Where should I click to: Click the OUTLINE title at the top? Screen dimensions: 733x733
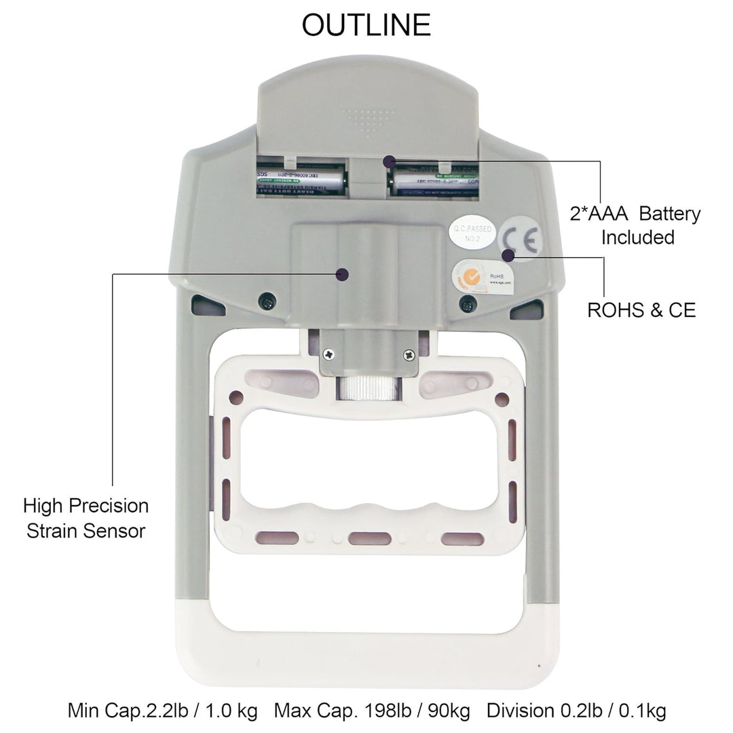pyautogui.click(x=366, y=25)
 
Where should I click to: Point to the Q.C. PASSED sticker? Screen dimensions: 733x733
pyautogui.click(x=473, y=233)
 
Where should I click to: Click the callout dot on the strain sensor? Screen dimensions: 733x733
pyautogui.click(x=343, y=274)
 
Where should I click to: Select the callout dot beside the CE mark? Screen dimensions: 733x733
pyautogui.click(x=507, y=255)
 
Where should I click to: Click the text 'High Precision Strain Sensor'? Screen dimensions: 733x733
pyautogui.click(x=86, y=518)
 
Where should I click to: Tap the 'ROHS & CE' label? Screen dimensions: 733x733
pyautogui.click(x=641, y=310)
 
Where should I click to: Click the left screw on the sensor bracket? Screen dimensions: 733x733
pyautogui.click(x=329, y=353)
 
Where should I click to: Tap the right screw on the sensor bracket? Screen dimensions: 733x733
pyautogui.click(x=409, y=353)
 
